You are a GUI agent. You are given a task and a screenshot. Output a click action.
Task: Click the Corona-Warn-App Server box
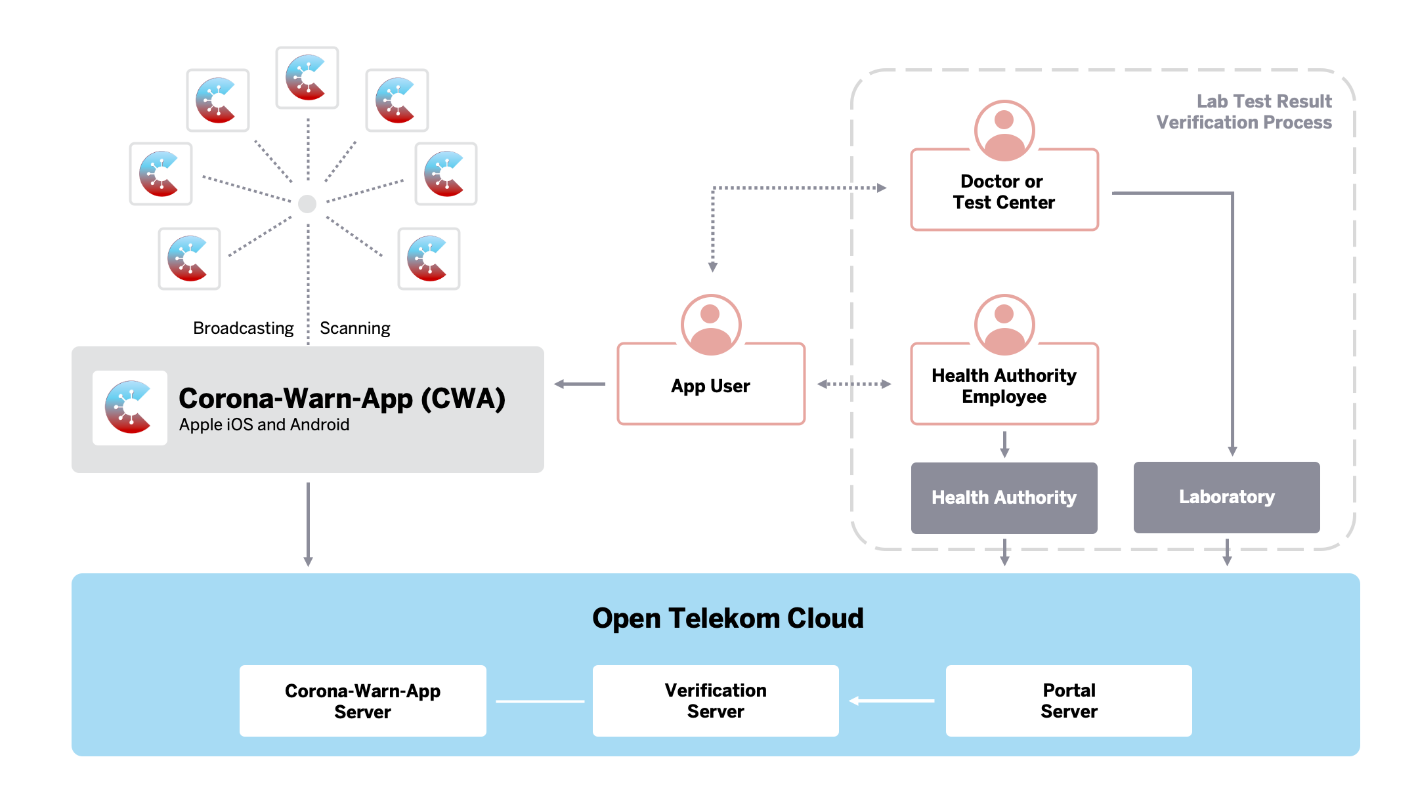[x=362, y=701]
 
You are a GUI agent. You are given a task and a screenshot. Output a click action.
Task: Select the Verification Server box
[x=716, y=701]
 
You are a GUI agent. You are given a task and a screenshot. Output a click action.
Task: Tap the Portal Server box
[x=1069, y=701]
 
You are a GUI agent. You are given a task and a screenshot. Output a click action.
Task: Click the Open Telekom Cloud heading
[x=727, y=618]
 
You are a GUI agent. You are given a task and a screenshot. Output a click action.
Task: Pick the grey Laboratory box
[x=1226, y=497]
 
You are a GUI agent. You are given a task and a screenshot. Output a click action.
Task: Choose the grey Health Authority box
[x=1004, y=498]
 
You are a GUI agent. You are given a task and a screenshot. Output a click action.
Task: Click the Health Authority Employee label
[x=1004, y=386]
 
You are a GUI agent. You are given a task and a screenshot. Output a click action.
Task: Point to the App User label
[x=710, y=386]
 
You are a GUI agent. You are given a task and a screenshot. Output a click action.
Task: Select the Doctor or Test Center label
[x=1004, y=192]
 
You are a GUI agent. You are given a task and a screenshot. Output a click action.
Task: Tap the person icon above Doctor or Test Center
[x=1004, y=131]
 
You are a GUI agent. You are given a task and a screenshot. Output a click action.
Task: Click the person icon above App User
[x=711, y=325]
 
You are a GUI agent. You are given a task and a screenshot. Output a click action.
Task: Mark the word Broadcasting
[x=243, y=328]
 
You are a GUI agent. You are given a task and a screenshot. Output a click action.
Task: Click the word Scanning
[x=354, y=328]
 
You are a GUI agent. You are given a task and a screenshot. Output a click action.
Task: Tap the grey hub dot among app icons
[x=307, y=204]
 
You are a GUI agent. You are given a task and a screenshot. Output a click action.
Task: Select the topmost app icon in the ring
[x=307, y=77]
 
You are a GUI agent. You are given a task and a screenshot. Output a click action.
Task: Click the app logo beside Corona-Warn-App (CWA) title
[x=130, y=408]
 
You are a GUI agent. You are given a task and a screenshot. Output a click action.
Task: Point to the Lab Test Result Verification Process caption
[x=1244, y=112]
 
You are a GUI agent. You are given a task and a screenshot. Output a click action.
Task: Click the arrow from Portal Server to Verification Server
[x=892, y=701]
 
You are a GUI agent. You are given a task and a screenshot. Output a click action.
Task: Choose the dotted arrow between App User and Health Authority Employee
[x=854, y=384]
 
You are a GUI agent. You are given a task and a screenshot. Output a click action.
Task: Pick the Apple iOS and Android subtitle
[x=264, y=425]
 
